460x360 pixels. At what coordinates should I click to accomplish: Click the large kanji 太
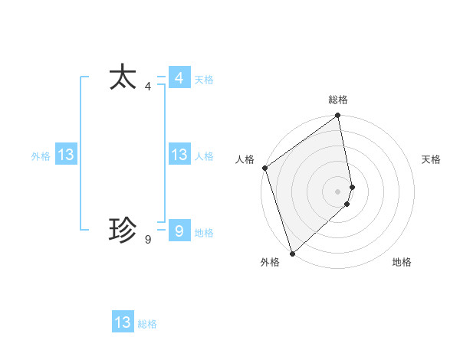pos(123,78)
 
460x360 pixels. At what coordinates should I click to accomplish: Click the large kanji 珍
pos(123,229)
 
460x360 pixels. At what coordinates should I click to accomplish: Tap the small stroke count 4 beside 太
pos(147,87)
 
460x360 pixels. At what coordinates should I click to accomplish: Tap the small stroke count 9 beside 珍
pos(147,240)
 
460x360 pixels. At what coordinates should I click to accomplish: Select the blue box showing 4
pos(179,78)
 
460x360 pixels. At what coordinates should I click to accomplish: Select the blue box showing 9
pos(179,230)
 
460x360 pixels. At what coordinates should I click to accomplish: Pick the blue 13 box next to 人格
pos(179,155)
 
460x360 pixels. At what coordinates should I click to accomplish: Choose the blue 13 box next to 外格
pos(66,155)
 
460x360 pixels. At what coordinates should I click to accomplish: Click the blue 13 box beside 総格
pos(123,322)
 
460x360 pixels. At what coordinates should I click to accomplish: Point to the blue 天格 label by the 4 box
pos(204,80)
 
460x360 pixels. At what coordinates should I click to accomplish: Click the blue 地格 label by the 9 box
pos(204,233)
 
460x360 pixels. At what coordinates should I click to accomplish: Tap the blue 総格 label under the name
pos(147,324)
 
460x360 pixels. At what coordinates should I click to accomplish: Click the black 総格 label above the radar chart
pos(338,100)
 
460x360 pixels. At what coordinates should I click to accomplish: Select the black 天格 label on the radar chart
pos(431,159)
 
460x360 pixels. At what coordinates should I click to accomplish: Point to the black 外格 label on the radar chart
pos(269,262)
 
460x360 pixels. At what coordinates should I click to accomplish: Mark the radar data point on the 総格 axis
pos(338,116)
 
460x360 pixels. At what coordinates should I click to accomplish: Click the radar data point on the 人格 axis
pos(264,168)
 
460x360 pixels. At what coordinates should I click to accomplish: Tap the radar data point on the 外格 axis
pos(292,253)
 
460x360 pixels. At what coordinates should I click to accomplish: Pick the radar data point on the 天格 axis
pos(352,187)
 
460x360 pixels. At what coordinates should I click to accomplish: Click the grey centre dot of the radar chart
pos(338,191)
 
